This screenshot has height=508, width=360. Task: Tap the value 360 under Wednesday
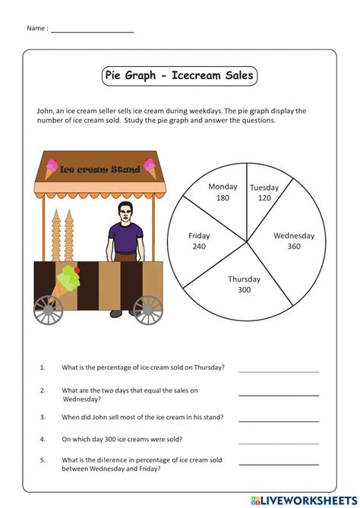pyautogui.click(x=293, y=246)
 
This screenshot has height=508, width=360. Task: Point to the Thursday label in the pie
pyautogui.click(x=244, y=279)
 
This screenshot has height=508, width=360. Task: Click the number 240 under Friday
pyautogui.click(x=199, y=247)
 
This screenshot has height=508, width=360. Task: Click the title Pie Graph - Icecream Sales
pyautogui.click(x=179, y=76)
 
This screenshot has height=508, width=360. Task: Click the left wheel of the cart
pyautogui.click(x=48, y=310)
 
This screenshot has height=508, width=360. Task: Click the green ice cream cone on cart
pyautogui.click(x=69, y=279)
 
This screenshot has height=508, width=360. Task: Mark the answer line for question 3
pyautogui.click(x=279, y=420)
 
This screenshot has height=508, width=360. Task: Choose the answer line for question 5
pyautogui.click(x=279, y=464)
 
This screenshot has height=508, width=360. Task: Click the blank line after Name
pyautogui.click(x=93, y=32)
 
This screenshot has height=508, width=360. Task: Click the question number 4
pyautogui.click(x=43, y=439)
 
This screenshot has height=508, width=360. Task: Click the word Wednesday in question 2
pyautogui.click(x=81, y=399)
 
